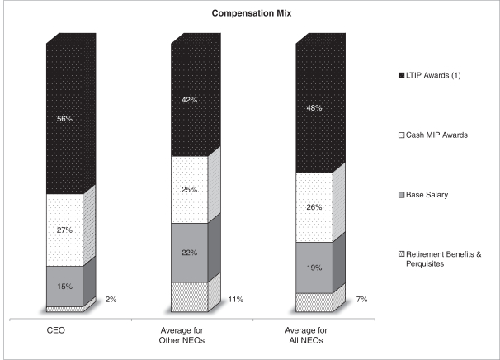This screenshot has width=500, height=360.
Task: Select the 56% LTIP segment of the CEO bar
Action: pos(65,118)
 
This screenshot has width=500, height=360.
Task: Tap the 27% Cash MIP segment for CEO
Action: pos(65,230)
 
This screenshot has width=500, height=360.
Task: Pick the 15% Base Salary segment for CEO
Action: pos(65,286)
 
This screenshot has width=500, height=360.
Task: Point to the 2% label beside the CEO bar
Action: pos(111,301)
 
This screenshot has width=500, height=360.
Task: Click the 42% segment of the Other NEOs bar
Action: pos(190,100)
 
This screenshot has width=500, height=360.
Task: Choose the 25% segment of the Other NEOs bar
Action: pos(190,190)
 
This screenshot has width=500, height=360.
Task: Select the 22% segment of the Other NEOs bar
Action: pos(190,253)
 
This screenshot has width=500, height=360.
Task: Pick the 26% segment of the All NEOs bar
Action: pos(314,207)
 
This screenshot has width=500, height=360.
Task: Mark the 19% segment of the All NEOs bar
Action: pos(314,268)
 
